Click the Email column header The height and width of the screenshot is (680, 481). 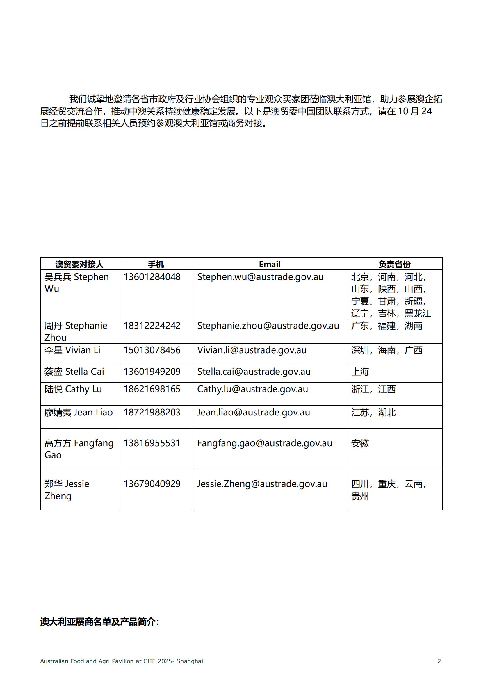[x=270, y=264]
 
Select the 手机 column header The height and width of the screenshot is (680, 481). [x=156, y=264]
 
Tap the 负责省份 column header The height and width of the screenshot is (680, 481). [x=394, y=264]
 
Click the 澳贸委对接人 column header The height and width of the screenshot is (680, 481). [x=79, y=264]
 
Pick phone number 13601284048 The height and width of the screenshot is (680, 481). [x=152, y=277]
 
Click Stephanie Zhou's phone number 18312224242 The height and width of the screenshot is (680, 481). [x=152, y=326]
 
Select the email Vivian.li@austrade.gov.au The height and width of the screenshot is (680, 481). [x=252, y=350]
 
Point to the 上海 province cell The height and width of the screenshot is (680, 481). [x=360, y=372]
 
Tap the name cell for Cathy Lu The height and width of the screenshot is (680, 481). [x=73, y=389]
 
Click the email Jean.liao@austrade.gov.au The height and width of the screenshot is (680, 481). [x=254, y=412]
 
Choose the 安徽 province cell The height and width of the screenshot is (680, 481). [x=360, y=443]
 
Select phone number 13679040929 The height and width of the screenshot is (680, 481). [x=152, y=484]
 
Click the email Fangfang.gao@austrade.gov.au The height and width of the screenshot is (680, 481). [x=264, y=443]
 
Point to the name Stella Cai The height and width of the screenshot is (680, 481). [x=74, y=372]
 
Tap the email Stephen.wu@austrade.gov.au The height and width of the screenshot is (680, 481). [x=260, y=277]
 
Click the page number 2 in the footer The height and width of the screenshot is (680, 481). [x=439, y=661]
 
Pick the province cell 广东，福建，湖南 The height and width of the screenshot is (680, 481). [x=387, y=326]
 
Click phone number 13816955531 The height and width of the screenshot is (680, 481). [x=152, y=443]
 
